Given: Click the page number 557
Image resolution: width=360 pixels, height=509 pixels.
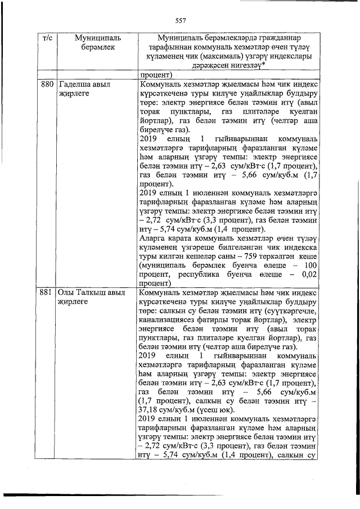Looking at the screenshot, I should pyautogui.click(x=180, y=21).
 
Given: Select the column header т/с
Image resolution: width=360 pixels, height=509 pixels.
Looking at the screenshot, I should pyautogui.click(x=47, y=38).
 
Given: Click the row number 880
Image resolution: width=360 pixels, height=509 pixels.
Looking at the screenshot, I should pyautogui.click(x=47, y=84).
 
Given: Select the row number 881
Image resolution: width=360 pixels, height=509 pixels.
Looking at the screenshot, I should pyautogui.click(x=47, y=293).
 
